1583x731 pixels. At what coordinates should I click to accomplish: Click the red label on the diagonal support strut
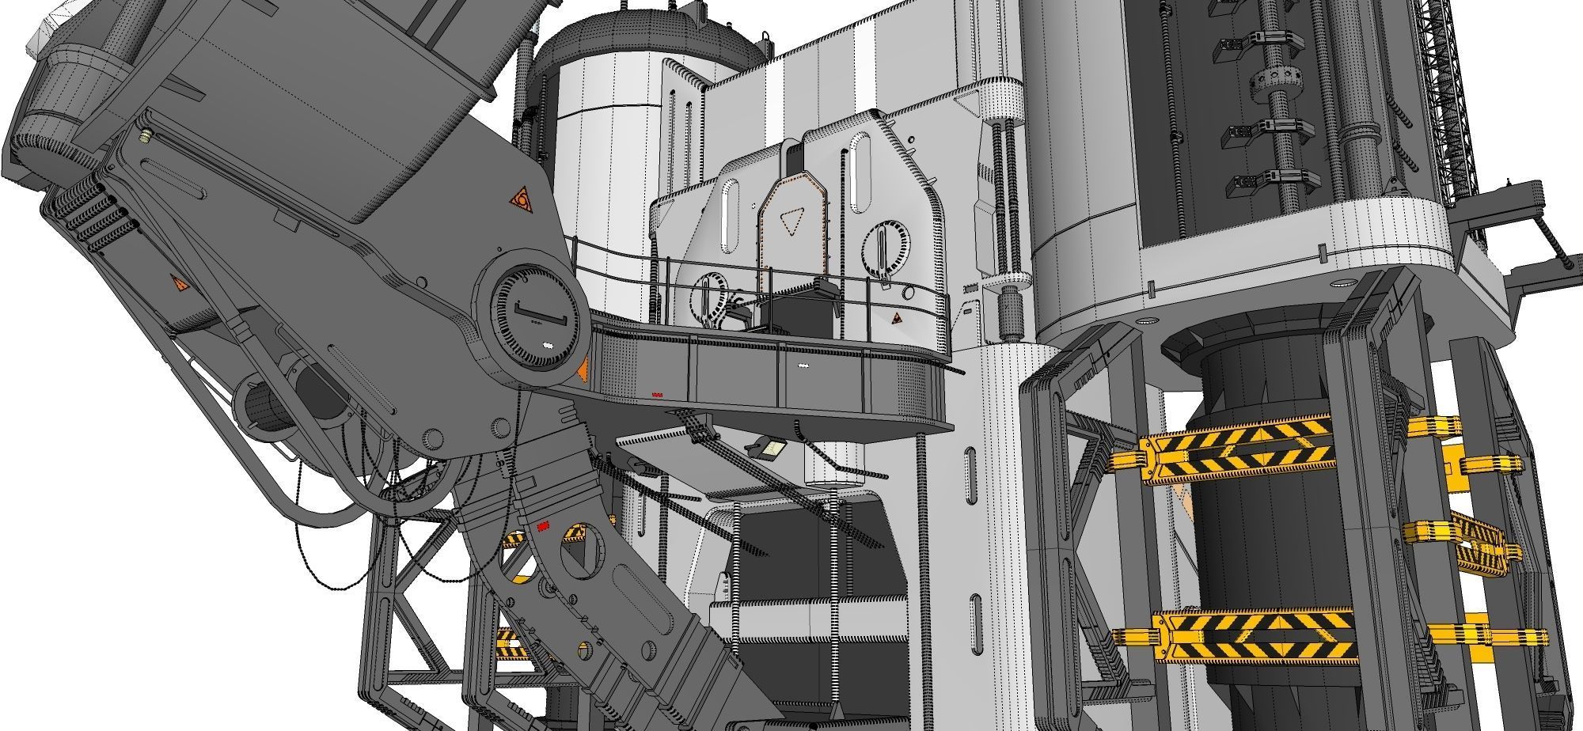coord(543,526)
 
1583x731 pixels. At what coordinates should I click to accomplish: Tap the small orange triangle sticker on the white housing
coord(895,319)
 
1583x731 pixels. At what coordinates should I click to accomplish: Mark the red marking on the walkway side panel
coord(656,394)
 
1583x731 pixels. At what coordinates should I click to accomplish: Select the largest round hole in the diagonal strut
coord(578,536)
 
